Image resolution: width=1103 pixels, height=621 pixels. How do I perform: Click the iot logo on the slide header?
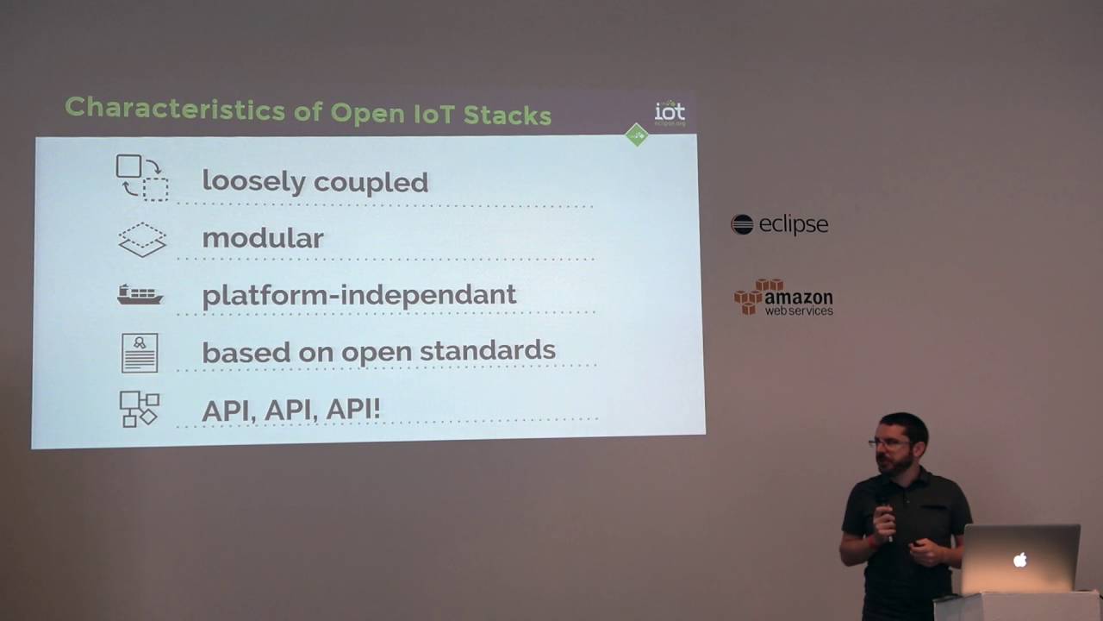point(670,111)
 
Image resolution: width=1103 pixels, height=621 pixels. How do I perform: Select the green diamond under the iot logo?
point(636,135)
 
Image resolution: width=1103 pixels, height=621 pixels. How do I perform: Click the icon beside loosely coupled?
point(141,177)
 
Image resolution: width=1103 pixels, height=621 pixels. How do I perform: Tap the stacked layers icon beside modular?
point(141,239)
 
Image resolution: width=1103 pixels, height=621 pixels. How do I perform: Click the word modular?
point(262,238)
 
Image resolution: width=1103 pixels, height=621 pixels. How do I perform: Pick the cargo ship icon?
point(140,295)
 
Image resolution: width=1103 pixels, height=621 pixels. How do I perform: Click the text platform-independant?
point(358,295)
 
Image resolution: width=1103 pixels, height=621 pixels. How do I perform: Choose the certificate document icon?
point(140,352)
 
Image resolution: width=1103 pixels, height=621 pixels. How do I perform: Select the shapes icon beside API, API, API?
point(139,409)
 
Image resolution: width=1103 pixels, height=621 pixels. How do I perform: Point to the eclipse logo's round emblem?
point(742,225)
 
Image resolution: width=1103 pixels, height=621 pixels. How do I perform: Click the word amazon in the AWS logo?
point(799,298)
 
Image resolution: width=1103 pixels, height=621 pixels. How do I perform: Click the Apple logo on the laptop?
point(1020,560)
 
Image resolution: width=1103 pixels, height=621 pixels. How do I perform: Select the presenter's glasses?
point(888,442)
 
